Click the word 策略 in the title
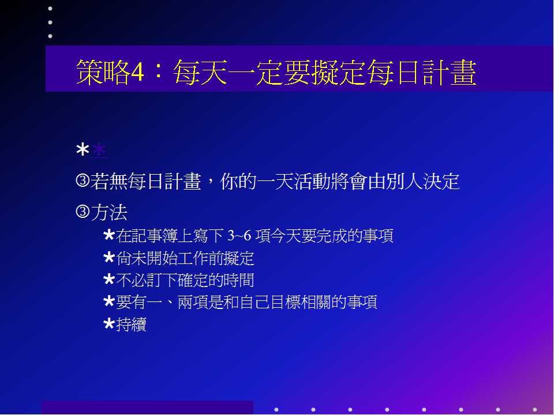[103, 72]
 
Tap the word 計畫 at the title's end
[450, 72]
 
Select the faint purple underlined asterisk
[99, 150]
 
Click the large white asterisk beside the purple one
[83, 150]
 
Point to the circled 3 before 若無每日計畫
[83, 180]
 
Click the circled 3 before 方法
[83, 212]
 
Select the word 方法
[109, 212]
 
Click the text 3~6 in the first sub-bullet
[239, 235]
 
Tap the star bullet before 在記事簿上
[109, 235]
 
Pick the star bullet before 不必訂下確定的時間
[109, 280]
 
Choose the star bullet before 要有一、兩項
[109, 301]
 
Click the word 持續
[131, 325]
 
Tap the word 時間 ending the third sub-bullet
[238, 280]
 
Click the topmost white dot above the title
[50, 9]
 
